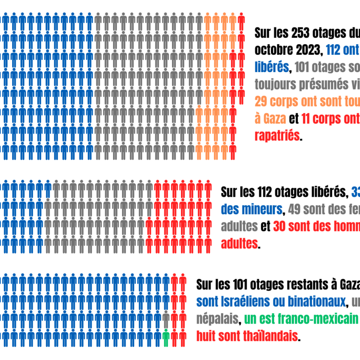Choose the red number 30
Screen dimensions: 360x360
(280, 227)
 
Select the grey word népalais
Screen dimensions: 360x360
(217, 319)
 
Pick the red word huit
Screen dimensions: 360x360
(207, 336)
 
